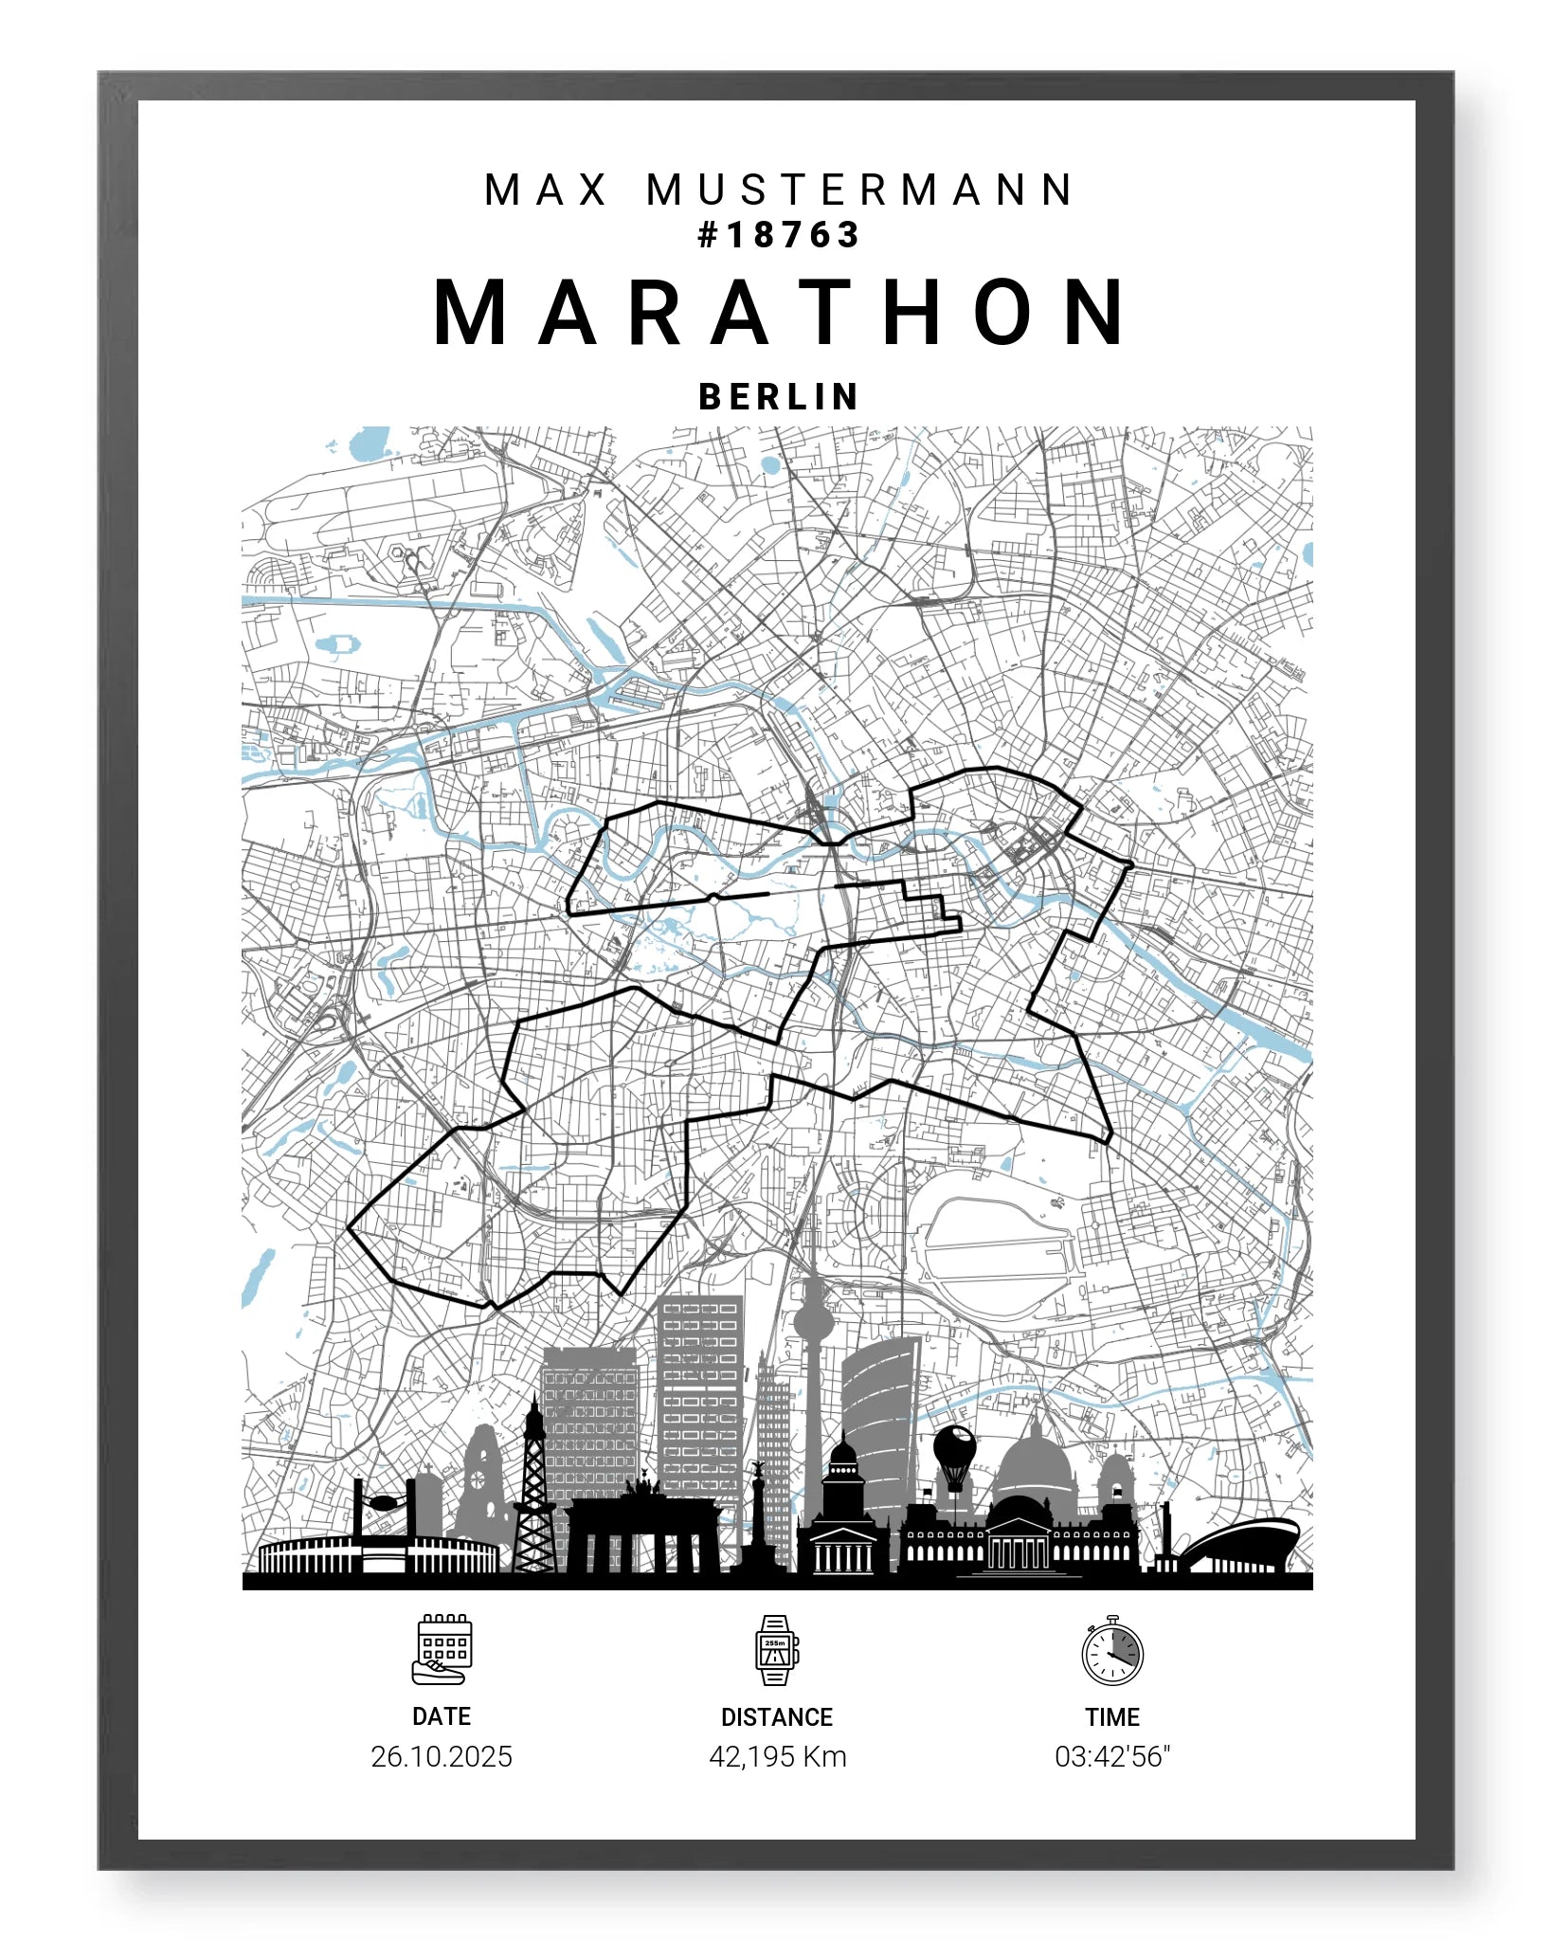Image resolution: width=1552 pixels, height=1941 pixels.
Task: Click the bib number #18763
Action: (778, 235)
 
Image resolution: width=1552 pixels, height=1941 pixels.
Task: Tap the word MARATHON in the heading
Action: (780, 313)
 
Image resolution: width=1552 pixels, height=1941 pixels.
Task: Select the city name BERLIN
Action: (778, 396)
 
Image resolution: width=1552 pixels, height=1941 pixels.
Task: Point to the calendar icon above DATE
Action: (442, 1650)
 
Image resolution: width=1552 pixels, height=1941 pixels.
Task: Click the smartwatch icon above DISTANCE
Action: (776, 1650)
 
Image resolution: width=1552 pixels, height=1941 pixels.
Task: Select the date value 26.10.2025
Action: (442, 1756)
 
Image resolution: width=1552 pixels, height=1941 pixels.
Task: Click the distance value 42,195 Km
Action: (777, 1756)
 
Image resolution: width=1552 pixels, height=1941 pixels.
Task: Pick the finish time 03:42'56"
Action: (1112, 1756)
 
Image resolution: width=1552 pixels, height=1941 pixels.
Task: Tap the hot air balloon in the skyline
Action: (954, 1450)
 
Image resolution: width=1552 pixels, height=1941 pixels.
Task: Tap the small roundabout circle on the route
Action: (713, 897)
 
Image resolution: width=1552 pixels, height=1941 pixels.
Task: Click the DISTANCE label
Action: (776, 1717)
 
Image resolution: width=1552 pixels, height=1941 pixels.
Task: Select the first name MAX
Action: (546, 190)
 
